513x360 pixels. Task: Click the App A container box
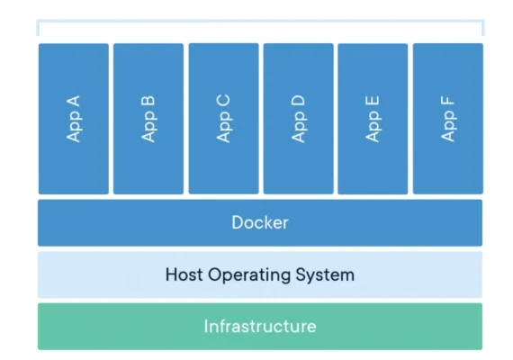(74, 119)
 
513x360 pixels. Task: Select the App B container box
(148, 119)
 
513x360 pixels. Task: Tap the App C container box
(224, 119)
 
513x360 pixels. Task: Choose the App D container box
(299, 119)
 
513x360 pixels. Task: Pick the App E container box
(373, 119)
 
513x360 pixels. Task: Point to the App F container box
(448, 119)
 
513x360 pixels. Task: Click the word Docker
(260, 222)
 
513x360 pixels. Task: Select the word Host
(184, 274)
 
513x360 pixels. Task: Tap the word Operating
(249, 274)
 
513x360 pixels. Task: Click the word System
(325, 274)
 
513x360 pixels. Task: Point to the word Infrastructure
(260, 327)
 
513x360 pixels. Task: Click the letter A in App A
(73, 101)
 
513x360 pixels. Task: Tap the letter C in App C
(223, 101)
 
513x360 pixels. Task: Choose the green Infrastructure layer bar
(260, 327)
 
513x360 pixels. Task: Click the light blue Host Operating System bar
(260, 274)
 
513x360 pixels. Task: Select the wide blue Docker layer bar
(260, 222)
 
